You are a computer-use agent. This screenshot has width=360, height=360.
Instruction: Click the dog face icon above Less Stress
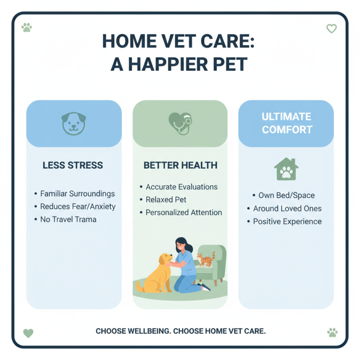[x=73, y=124]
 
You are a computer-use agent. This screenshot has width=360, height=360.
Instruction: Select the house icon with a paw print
[x=286, y=169]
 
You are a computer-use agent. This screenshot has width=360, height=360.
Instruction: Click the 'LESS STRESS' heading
[x=73, y=165]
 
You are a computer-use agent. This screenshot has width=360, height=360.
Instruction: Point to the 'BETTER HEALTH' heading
[x=180, y=165]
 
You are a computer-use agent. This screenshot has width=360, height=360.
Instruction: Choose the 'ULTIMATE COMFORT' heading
[x=286, y=123]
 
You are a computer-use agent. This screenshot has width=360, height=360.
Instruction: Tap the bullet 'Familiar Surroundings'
[x=77, y=194]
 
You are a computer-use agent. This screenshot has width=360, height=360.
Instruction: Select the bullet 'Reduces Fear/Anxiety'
[x=78, y=207]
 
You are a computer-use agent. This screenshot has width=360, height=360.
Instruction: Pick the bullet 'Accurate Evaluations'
[x=181, y=187]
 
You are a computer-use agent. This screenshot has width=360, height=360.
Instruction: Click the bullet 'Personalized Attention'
[x=184, y=212]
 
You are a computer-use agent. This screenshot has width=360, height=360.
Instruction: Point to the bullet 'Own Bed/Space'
[x=286, y=196]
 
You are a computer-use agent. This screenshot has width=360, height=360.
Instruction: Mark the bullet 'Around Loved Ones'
[x=287, y=208]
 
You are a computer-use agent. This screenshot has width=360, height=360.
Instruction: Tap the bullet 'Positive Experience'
[x=287, y=221]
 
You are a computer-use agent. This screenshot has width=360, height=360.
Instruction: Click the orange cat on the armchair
[x=205, y=260]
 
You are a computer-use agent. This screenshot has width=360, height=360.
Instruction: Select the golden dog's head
[x=165, y=260]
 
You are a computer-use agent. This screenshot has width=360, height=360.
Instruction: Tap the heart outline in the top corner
[x=331, y=29]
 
